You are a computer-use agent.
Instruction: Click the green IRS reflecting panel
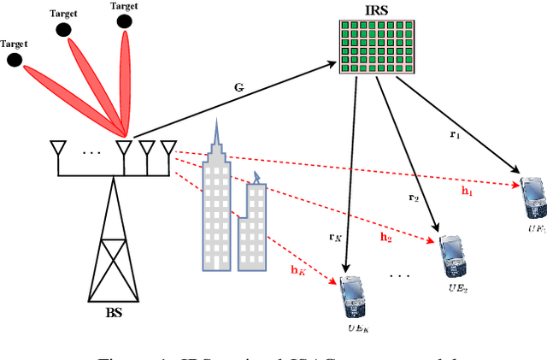[x=378, y=47]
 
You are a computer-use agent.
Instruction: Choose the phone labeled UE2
[x=452, y=254]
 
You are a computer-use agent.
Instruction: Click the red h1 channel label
[x=467, y=192]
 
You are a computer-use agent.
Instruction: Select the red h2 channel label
[x=385, y=238]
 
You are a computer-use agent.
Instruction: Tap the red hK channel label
[x=297, y=270]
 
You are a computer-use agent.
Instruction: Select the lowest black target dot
[x=14, y=59]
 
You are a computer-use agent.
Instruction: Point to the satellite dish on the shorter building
[x=257, y=176]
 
